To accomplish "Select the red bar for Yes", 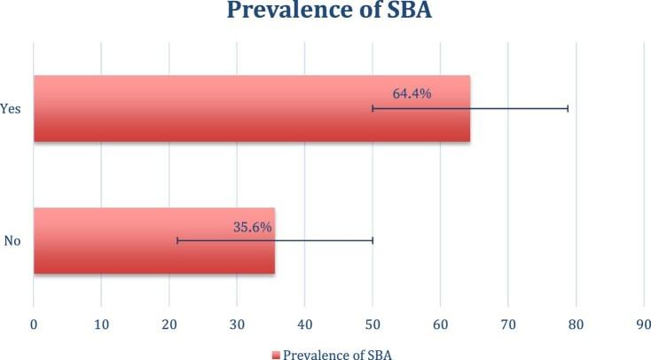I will coord(251,109).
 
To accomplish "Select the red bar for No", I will coord(153,240).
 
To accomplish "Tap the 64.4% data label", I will coord(412,93).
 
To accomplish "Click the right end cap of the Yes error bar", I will coord(568,109).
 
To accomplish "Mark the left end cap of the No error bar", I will coord(177,240).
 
